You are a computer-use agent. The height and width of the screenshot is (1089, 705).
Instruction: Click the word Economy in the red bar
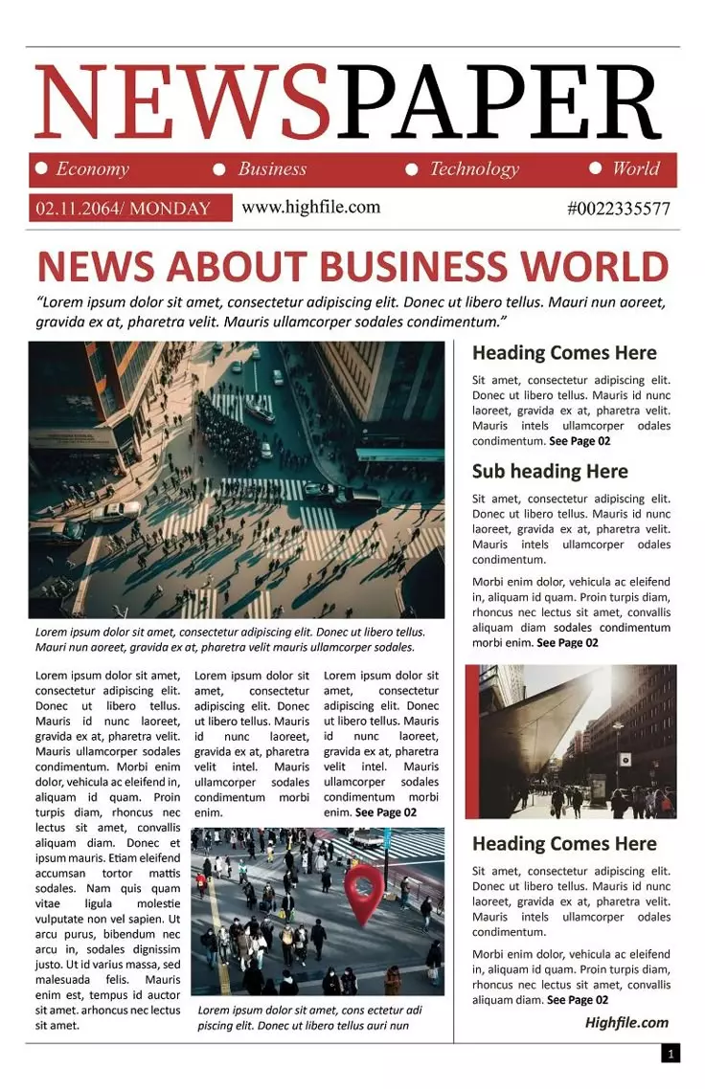pyautogui.click(x=92, y=169)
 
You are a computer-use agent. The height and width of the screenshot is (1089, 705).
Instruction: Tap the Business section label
pyautogui.click(x=272, y=169)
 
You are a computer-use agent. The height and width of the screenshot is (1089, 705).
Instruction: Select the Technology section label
pyautogui.click(x=473, y=169)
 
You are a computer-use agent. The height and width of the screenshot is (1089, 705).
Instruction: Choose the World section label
pyautogui.click(x=636, y=169)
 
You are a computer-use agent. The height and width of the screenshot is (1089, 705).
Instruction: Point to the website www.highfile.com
pyautogui.click(x=310, y=207)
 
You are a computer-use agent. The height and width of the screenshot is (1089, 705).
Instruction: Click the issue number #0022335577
pyautogui.click(x=619, y=209)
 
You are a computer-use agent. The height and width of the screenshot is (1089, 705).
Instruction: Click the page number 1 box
pyautogui.click(x=671, y=1054)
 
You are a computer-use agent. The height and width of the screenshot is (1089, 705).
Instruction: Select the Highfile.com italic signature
pyautogui.click(x=626, y=1022)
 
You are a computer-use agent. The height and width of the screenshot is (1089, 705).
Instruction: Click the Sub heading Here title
pyautogui.click(x=550, y=471)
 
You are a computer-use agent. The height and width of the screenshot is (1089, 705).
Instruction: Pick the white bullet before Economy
pyautogui.click(x=41, y=168)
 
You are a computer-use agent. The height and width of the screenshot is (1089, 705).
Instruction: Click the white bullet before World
pyautogui.click(x=595, y=168)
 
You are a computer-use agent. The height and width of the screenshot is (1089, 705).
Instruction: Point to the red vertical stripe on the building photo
pyautogui.click(x=471, y=742)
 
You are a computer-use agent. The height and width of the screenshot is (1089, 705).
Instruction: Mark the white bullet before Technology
pyautogui.click(x=412, y=169)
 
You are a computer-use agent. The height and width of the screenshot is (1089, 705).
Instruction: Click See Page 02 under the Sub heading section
pyautogui.click(x=567, y=643)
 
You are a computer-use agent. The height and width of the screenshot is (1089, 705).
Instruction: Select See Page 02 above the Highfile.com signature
pyautogui.click(x=577, y=1000)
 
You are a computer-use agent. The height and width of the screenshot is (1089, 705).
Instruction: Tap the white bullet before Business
pyautogui.click(x=219, y=169)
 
